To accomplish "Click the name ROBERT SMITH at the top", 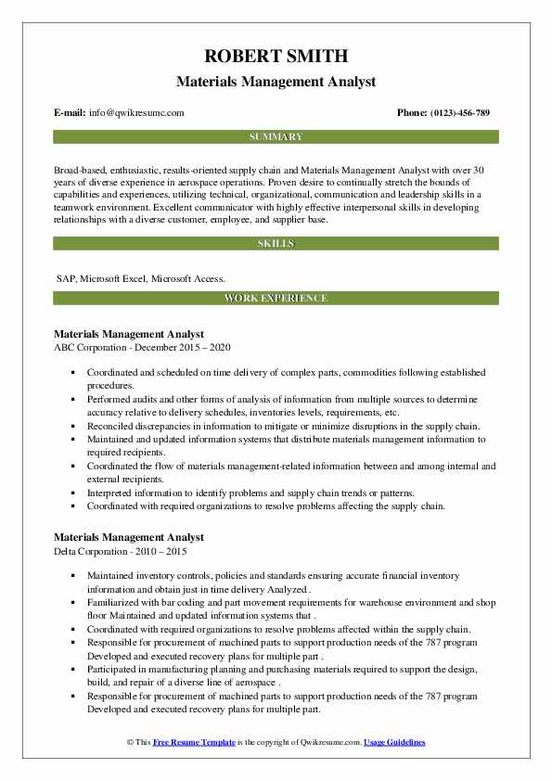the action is click(x=276, y=58).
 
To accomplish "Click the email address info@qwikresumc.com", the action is click(x=136, y=113).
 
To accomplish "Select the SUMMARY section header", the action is click(x=276, y=137).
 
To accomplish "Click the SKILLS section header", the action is click(x=276, y=244).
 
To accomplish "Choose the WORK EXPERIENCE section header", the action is click(x=276, y=299).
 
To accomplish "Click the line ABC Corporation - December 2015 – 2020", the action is click(x=142, y=347).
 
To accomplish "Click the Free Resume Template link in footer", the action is click(x=192, y=743).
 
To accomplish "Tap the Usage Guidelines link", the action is click(x=394, y=743).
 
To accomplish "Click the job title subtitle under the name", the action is click(x=276, y=82).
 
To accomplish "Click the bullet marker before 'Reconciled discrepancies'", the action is click(x=74, y=427).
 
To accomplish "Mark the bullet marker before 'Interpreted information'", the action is click(x=74, y=493).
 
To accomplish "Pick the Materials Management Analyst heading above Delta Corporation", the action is click(x=129, y=537).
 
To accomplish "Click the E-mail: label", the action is click(x=71, y=113).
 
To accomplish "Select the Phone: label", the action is click(x=414, y=113).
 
